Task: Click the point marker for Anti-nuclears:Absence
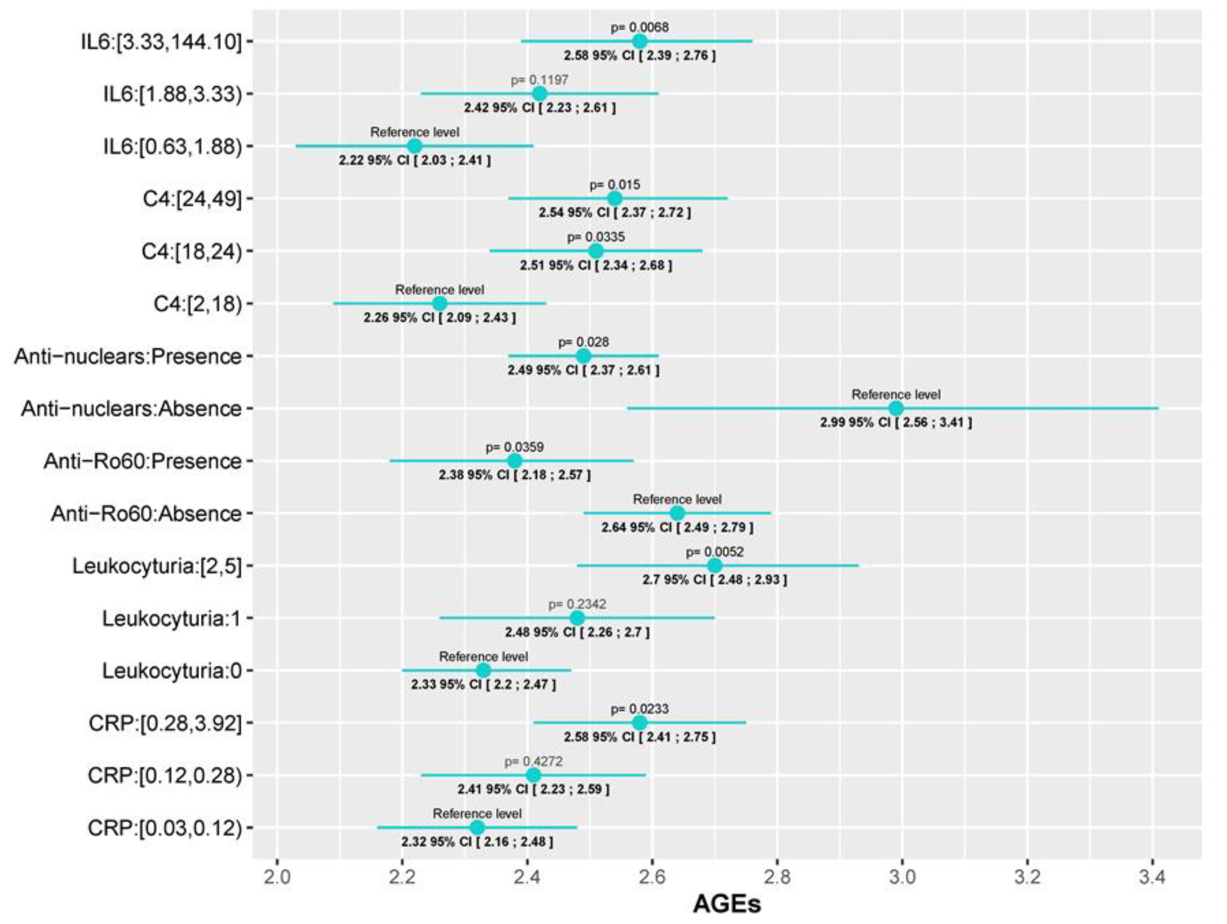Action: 896,409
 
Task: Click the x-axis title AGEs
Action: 727,904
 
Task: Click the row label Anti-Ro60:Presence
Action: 142,461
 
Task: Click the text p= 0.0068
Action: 639,27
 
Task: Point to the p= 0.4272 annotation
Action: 533,762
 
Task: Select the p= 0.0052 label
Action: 715,552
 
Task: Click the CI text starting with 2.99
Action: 896,423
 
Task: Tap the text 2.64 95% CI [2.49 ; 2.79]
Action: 677,528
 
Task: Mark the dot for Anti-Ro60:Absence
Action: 677,513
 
